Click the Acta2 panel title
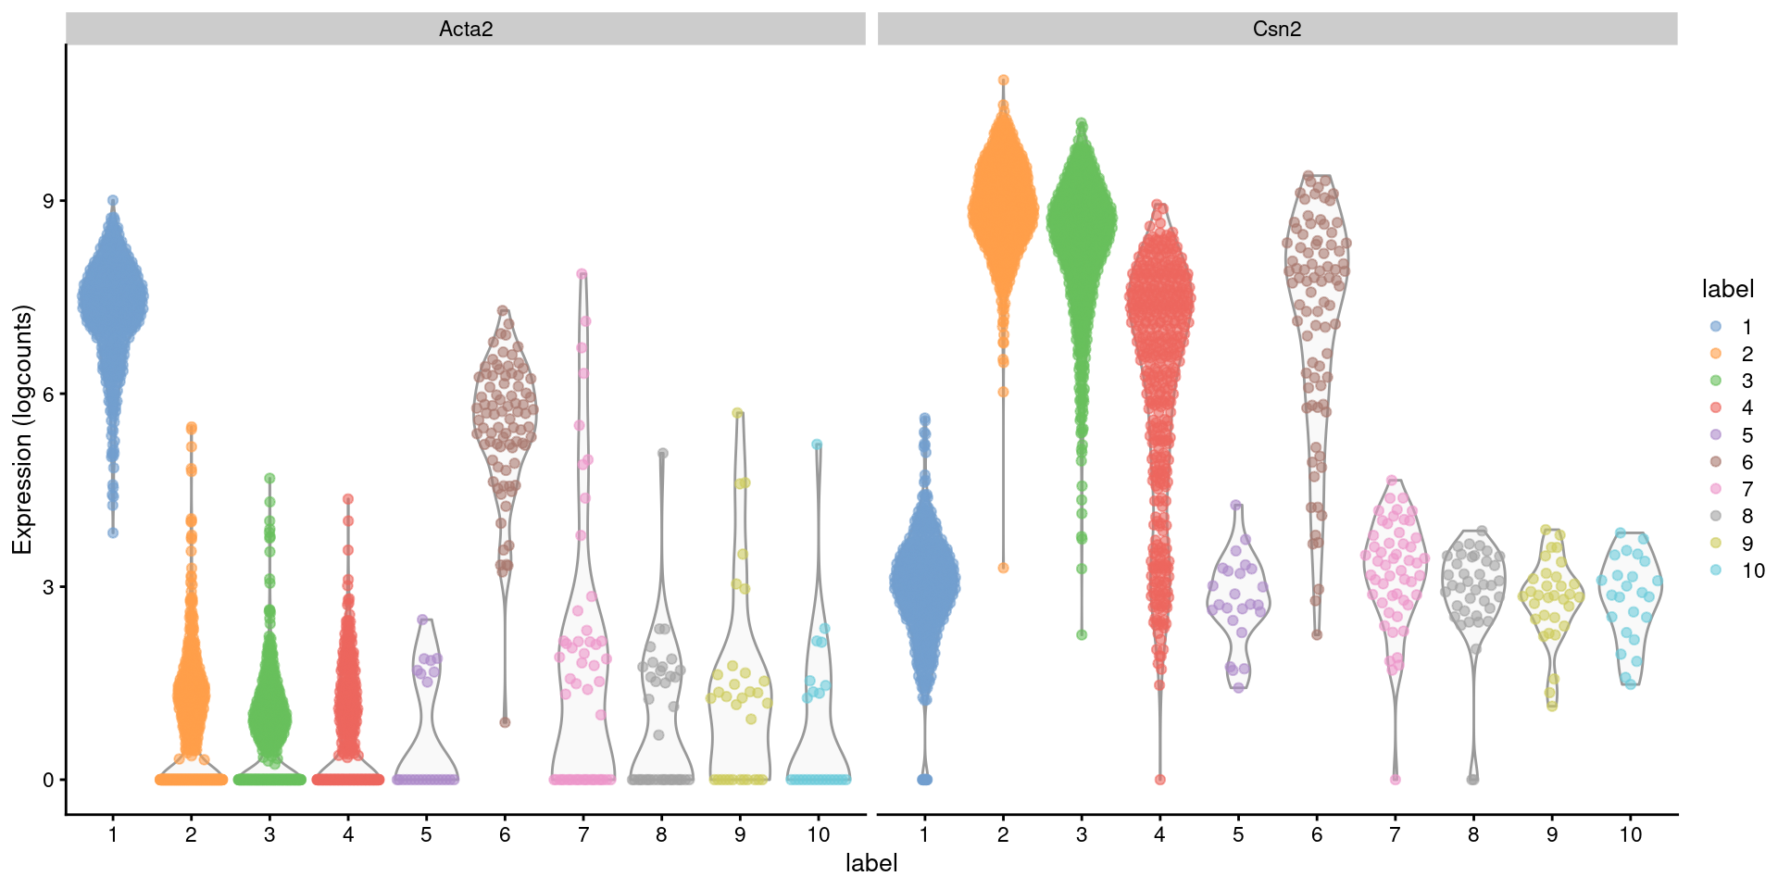click(465, 29)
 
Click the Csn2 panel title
click(1276, 29)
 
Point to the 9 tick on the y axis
click(48, 201)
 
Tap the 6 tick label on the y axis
click(48, 394)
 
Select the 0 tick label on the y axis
click(48, 780)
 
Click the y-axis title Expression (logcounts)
click(22, 430)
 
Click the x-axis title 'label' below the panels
click(871, 863)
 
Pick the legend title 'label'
click(1727, 289)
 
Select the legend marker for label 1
click(1716, 327)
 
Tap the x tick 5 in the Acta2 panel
click(426, 834)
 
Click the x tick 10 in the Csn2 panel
click(1630, 834)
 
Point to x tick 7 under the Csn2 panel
click(1395, 834)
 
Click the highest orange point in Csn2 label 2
click(1003, 81)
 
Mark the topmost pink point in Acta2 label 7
click(582, 274)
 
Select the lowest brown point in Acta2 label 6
click(505, 722)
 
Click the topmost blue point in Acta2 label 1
click(113, 200)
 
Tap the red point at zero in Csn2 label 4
click(1159, 780)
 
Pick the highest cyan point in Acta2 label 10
click(817, 444)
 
